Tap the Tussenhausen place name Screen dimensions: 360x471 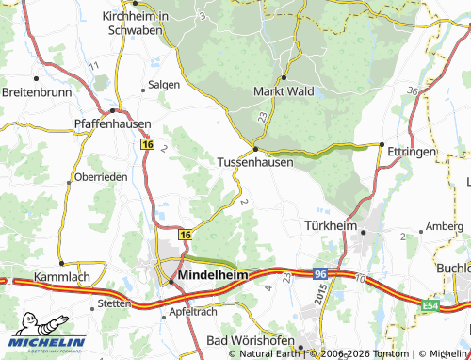[x=255, y=162]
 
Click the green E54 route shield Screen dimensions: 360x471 [x=458, y=305]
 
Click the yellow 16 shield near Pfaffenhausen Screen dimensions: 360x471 [x=147, y=144]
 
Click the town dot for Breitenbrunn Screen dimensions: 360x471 [x=37, y=77]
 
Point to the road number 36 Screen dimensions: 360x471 [x=413, y=90]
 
